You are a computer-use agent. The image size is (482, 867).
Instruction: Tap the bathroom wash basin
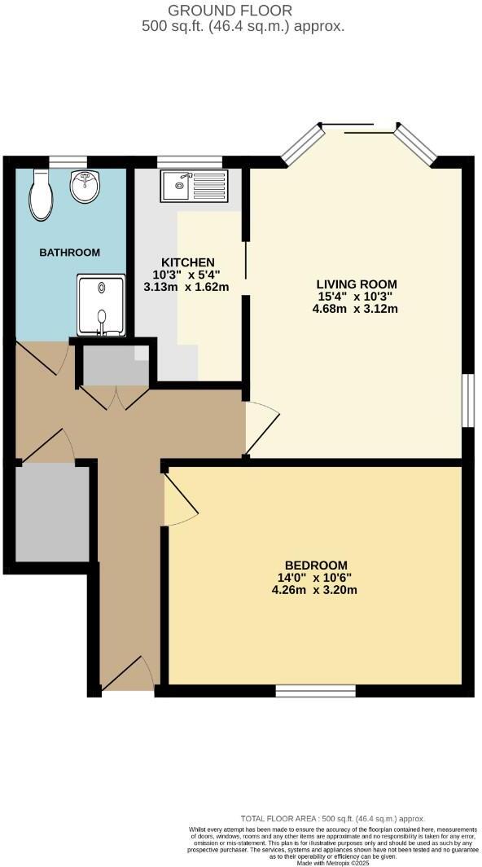pos(85,187)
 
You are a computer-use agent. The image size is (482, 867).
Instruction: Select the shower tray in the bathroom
pos(101,305)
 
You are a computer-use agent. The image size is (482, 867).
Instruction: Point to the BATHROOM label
pos(70,253)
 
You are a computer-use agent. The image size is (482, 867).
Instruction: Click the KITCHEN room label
pos(187,262)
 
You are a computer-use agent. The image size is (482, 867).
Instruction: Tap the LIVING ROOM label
pos(357,284)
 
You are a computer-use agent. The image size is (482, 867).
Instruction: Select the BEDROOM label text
pos(316,566)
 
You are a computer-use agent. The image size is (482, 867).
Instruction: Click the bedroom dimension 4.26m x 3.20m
pos(316,591)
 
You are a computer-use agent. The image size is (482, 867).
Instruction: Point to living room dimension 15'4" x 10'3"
pos(357,297)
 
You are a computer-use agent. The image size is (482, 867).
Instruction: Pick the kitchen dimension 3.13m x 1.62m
pos(186,287)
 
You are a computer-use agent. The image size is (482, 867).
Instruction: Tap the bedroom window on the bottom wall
pos(315,691)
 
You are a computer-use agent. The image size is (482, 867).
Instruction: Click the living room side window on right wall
pos(467,399)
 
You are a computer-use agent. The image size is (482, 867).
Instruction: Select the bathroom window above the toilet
pos(68,161)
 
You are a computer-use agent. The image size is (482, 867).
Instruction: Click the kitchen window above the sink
pos(189,161)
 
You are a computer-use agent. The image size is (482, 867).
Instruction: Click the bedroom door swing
pos(179,504)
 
